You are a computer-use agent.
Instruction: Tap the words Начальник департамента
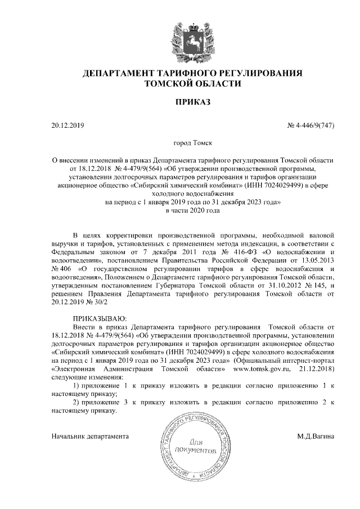pos(90,436)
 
